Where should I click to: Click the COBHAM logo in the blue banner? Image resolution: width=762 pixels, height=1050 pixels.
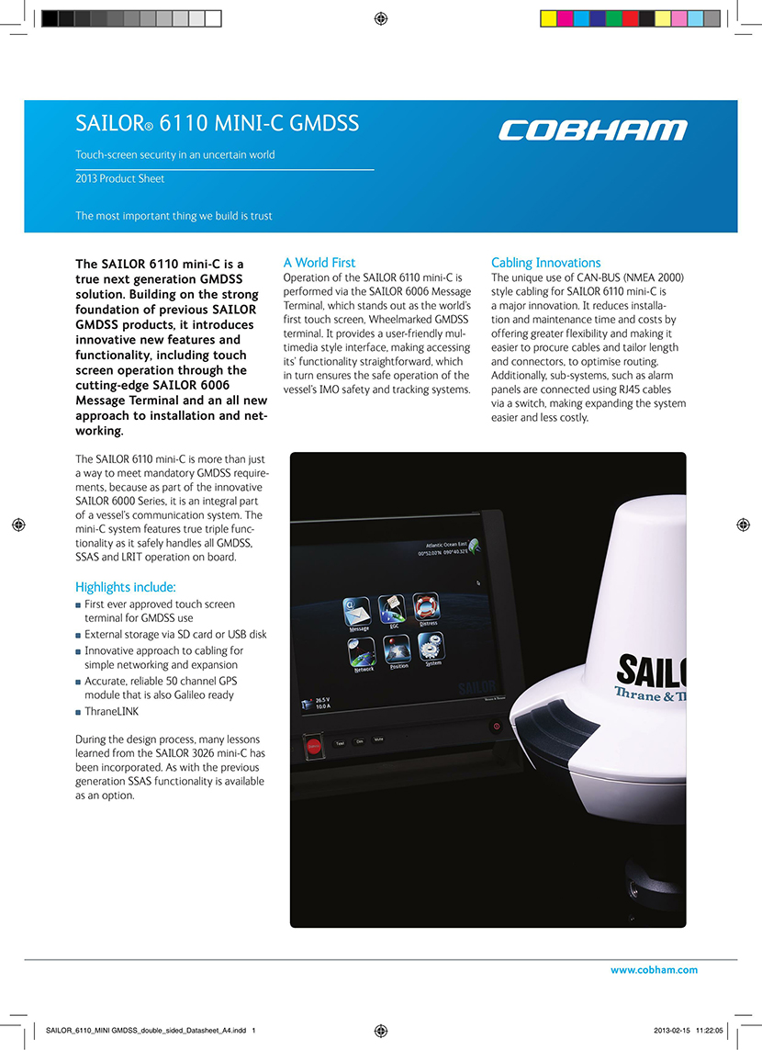(592, 130)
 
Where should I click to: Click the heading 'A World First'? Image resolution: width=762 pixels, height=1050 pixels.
(319, 263)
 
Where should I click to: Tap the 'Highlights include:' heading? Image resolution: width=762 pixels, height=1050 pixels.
(126, 587)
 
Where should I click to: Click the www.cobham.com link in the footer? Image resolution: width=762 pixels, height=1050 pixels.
(654, 970)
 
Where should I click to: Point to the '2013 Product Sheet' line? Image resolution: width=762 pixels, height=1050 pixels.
(120, 179)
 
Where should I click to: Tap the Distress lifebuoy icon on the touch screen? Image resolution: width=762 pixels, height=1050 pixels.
(426, 606)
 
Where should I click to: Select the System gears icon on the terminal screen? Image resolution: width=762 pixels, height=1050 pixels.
(431, 646)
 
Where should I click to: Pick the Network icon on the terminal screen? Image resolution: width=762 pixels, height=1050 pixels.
(363, 652)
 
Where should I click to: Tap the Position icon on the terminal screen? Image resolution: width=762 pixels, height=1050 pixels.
(398, 649)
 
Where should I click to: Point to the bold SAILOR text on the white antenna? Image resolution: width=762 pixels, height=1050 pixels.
(652, 671)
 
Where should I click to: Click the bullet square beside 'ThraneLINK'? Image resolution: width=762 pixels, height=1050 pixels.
(79, 712)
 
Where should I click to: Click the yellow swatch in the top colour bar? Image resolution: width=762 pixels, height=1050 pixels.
(548, 18)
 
